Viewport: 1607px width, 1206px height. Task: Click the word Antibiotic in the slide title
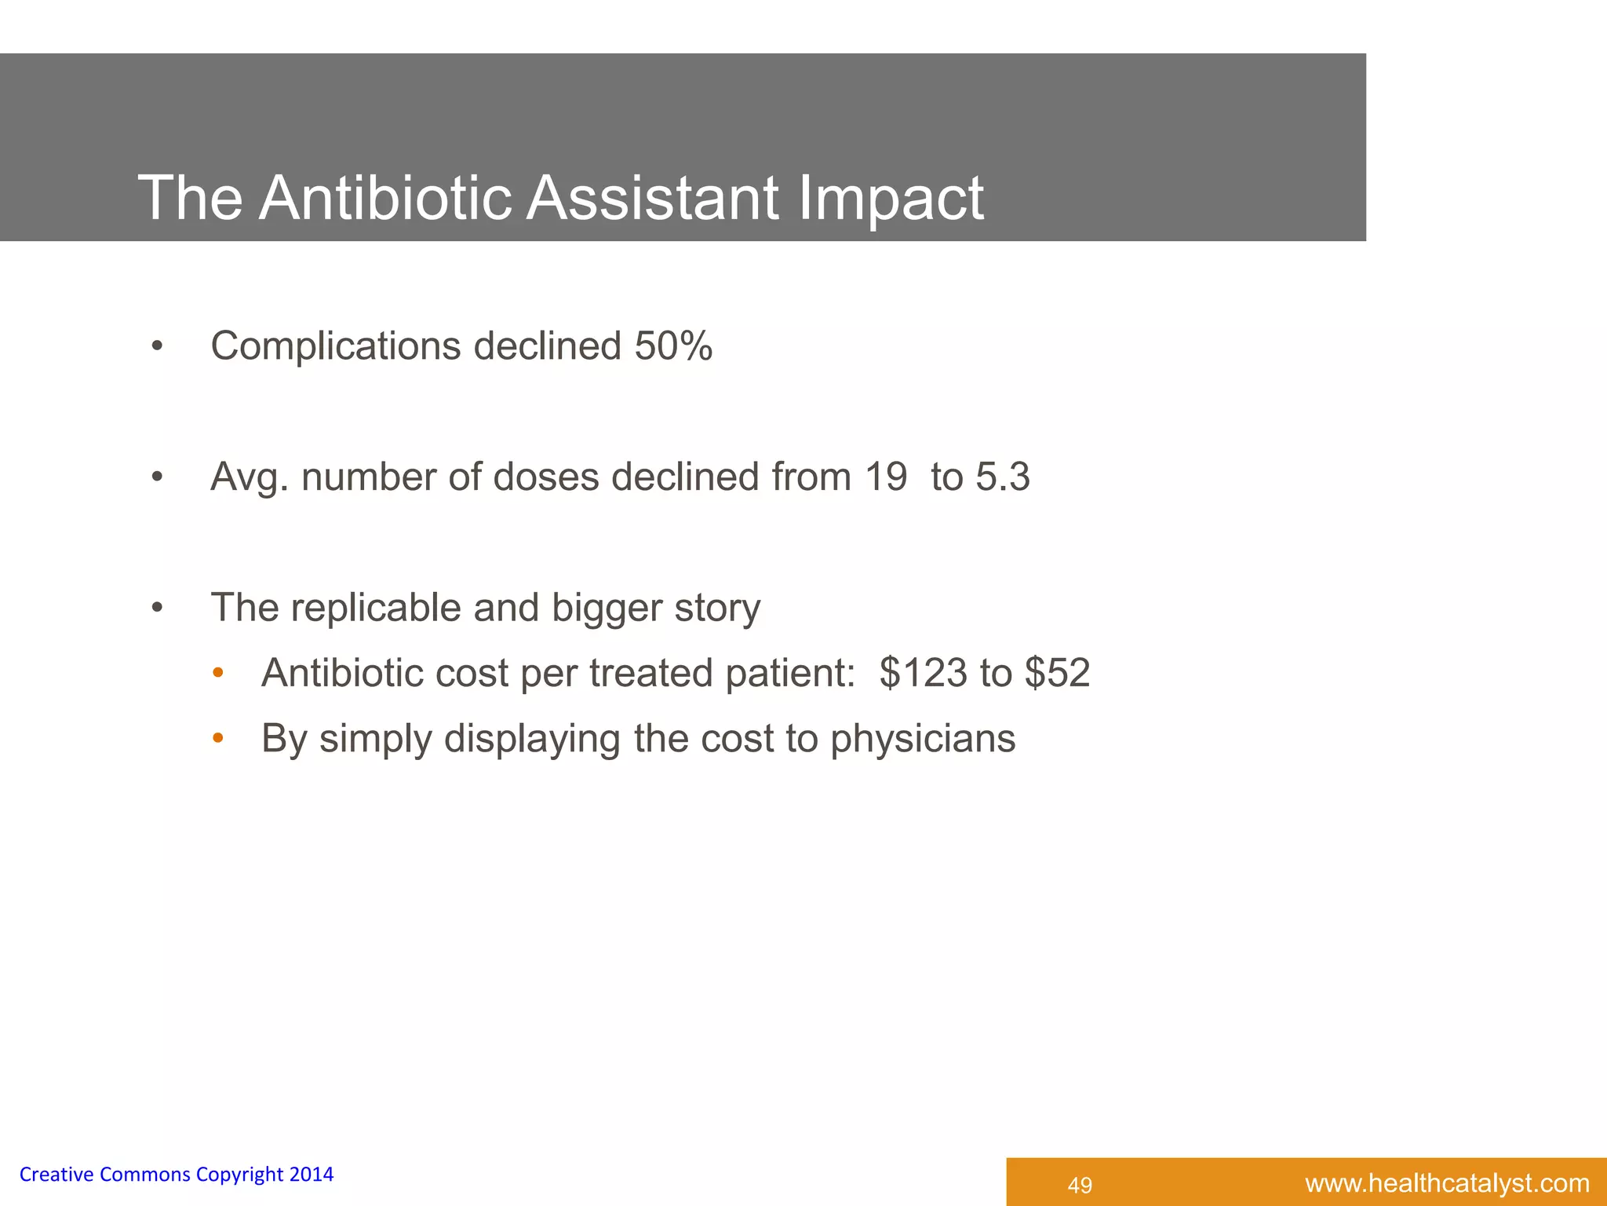click(x=384, y=198)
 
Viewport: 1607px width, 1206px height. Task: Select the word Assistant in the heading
click(x=652, y=198)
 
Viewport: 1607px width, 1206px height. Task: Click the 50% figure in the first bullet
click(x=673, y=346)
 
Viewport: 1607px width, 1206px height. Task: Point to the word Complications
click(x=336, y=347)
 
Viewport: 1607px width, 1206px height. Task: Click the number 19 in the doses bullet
click(x=886, y=477)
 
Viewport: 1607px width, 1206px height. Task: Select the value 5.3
click(x=1003, y=477)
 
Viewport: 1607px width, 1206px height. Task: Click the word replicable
click(x=376, y=608)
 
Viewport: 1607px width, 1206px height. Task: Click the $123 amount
click(x=924, y=674)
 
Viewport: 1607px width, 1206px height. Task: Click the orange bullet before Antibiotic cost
click(x=218, y=673)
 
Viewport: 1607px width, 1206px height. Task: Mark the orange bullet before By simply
click(x=218, y=738)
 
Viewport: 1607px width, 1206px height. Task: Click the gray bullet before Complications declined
click(x=157, y=346)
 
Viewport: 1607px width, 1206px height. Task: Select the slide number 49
click(x=1080, y=1185)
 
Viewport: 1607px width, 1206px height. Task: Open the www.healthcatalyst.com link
click(x=1447, y=1183)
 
